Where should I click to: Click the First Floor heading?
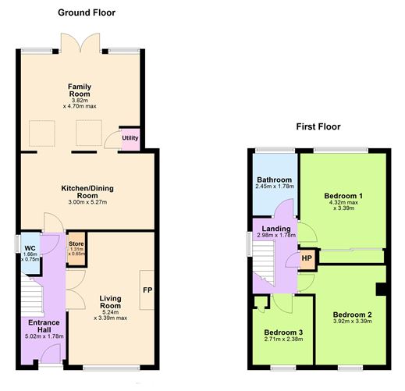click(x=318, y=126)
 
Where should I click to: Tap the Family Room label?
click(x=81, y=90)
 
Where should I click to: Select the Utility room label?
click(x=130, y=138)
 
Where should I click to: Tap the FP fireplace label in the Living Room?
click(x=147, y=291)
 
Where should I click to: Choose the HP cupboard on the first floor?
click(x=307, y=258)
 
